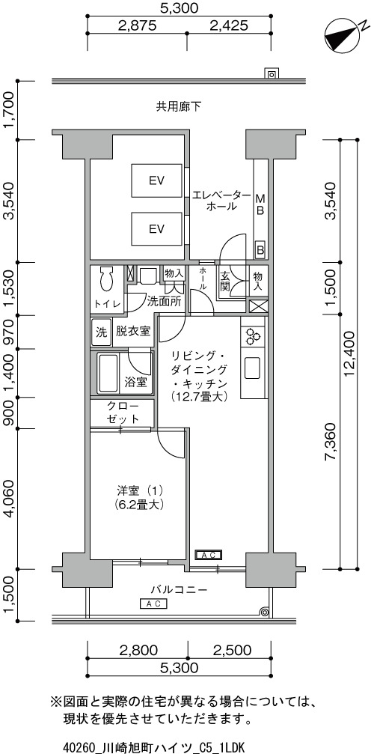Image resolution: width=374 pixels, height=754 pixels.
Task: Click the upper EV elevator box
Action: pos(157,180)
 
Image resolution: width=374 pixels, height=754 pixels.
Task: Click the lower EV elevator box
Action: pos(157,228)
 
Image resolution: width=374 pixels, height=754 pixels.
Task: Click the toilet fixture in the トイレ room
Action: pos(105,278)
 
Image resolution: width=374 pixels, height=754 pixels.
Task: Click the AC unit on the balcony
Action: pos(153,603)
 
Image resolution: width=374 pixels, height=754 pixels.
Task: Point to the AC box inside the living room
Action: pos(209,555)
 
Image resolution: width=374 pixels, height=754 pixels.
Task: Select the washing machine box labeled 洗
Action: pos(101,332)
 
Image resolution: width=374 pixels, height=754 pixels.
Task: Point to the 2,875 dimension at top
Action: pos(137,25)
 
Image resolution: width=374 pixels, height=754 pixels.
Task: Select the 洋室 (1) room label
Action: pos(140,491)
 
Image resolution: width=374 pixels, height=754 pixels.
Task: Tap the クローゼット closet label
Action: pos(123,412)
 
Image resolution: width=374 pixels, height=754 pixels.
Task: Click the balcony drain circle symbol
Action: pos(263,612)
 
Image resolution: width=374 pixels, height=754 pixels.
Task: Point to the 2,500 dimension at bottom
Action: pos(231,651)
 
